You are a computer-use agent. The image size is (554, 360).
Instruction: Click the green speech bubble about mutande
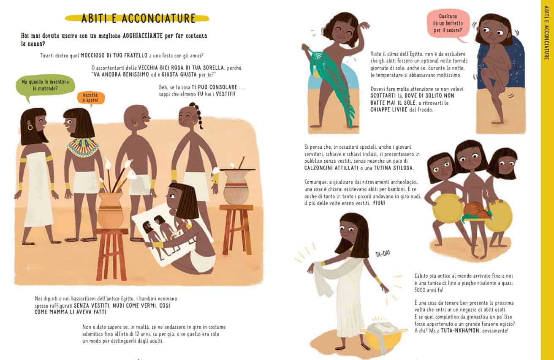coord(45,85)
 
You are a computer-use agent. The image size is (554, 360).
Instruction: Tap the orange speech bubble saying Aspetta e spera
coord(90,98)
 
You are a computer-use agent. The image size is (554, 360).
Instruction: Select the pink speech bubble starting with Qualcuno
coord(448,24)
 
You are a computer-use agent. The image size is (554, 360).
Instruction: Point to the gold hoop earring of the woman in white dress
coord(30,127)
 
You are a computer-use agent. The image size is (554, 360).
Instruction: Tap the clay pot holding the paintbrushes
coord(110,210)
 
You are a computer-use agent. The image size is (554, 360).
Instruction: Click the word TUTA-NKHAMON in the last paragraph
coord(456,331)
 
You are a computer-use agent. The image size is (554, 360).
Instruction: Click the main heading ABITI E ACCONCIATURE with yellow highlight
coord(138,19)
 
